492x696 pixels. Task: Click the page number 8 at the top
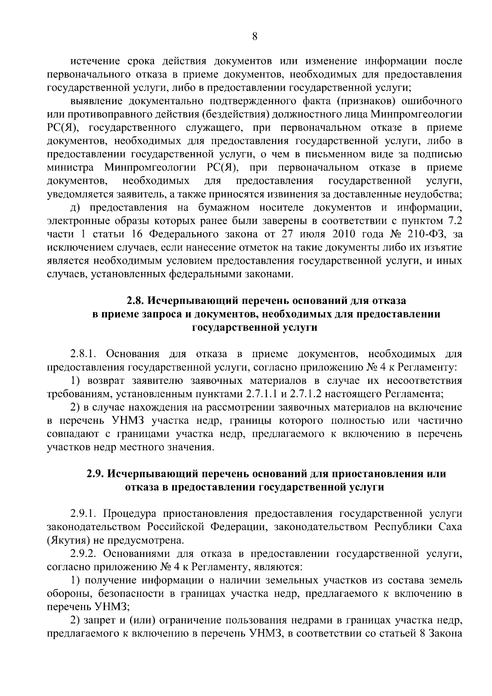[254, 37]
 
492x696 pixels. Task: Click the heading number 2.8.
[134, 301]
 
